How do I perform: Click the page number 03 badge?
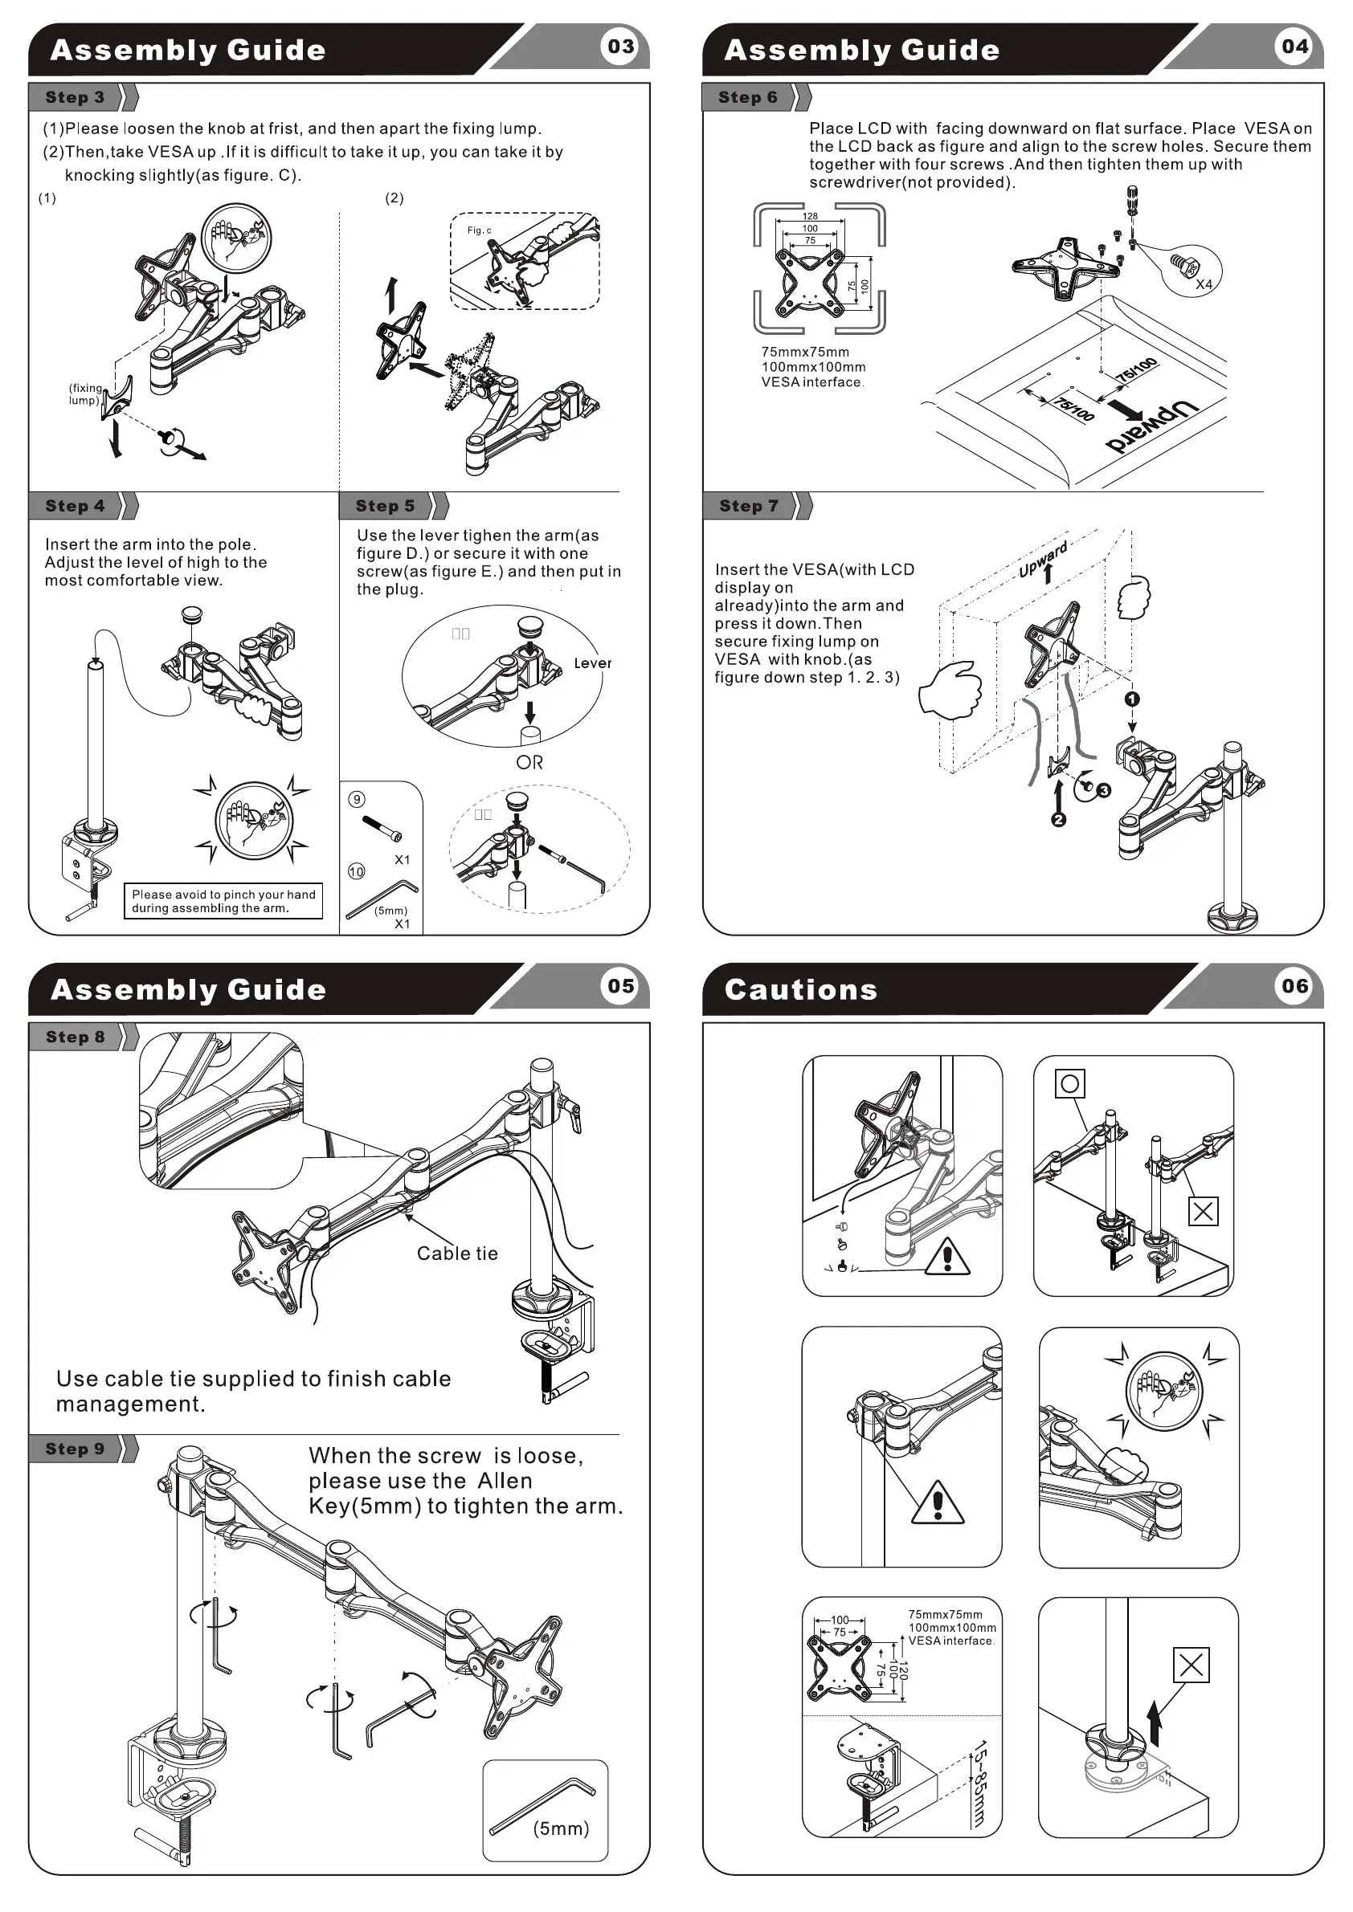(x=621, y=47)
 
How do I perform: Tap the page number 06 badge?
(x=1294, y=986)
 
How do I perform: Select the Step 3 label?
(x=75, y=97)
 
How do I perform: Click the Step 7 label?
(x=748, y=505)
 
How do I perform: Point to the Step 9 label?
(x=75, y=1448)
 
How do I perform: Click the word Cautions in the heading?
(x=801, y=989)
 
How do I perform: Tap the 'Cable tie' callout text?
(x=457, y=1254)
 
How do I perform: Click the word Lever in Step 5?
(x=592, y=662)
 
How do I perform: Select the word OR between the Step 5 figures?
(x=529, y=762)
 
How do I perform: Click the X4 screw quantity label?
(x=1204, y=284)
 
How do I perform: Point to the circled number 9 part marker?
(x=357, y=800)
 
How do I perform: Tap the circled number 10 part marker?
(x=357, y=871)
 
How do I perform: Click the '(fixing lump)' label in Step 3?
(x=85, y=394)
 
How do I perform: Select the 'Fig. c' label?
(x=479, y=230)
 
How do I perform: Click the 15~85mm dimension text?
(x=980, y=1782)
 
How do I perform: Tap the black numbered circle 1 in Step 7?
(x=1131, y=699)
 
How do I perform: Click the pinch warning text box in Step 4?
(x=223, y=901)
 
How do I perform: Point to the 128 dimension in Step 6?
(x=810, y=216)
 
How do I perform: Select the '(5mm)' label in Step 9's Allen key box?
(x=561, y=1828)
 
